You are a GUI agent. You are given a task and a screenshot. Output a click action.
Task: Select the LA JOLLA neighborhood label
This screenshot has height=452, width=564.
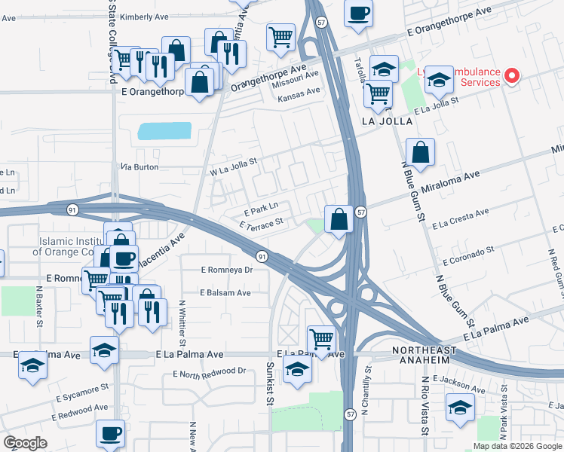coord(388,121)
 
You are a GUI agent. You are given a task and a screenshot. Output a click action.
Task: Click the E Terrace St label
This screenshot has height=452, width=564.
coord(262,223)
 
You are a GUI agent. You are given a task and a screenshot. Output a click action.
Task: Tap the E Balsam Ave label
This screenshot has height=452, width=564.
coord(225,292)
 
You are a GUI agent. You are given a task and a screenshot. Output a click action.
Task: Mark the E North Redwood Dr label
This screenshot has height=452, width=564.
coord(210,371)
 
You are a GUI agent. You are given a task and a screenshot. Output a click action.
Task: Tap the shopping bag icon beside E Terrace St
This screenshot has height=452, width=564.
coord(339,219)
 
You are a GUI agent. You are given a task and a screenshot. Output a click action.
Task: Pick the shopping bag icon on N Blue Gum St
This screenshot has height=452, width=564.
coord(421,151)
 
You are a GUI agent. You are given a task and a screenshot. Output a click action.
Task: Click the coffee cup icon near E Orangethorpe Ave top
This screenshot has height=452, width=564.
coord(359,13)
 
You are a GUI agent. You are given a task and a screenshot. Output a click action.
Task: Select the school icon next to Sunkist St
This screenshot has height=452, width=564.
coord(298,368)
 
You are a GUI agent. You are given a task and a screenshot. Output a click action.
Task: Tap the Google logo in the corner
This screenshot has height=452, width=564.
coord(25,443)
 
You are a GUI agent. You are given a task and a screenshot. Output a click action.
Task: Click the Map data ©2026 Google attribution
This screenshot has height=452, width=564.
coord(517,445)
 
